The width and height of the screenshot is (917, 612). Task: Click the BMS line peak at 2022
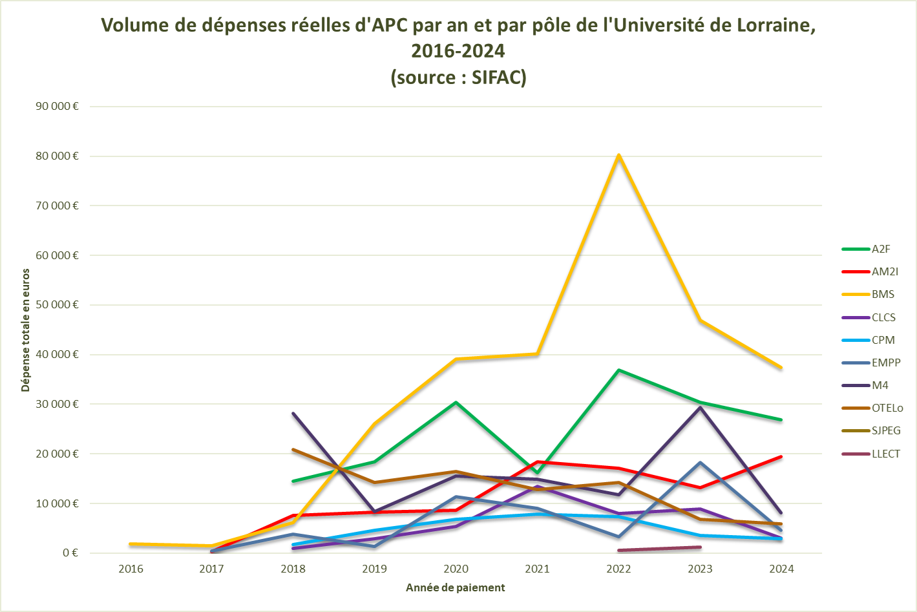(x=618, y=155)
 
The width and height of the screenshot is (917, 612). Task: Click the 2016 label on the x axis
(x=131, y=569)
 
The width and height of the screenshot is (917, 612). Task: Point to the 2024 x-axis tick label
(x=781, y=569)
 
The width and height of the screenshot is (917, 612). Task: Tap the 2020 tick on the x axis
(x=456, y=569)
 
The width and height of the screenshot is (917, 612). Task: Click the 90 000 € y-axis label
(x=57, y=106)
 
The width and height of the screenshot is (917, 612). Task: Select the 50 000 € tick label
(x=57, y=304)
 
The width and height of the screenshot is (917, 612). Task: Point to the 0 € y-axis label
(x=70, y=553)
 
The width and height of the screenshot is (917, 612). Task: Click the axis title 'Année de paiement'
(x=455, y=587)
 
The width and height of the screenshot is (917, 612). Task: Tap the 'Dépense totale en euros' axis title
(x=26, y=330)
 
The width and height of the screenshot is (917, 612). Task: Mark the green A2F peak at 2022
(x=618, y=370)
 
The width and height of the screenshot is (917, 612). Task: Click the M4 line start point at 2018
(x=293, y=414)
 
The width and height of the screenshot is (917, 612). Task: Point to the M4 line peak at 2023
(x=700, y=407)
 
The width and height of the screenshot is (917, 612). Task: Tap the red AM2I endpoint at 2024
(x=781, y=457)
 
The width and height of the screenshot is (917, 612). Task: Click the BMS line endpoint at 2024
(x=781, y=368)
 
